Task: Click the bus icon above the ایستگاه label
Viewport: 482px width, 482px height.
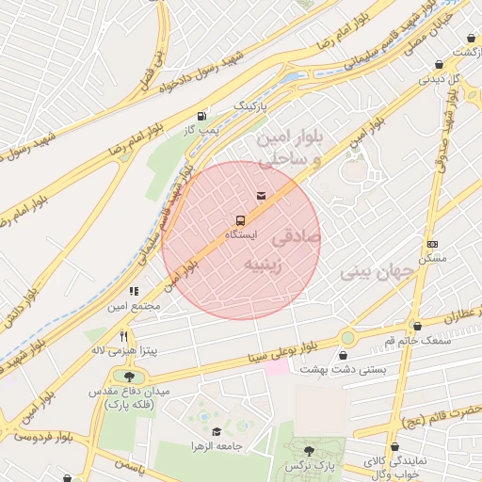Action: [238, 219]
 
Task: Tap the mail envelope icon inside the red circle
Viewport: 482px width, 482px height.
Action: [260, 196]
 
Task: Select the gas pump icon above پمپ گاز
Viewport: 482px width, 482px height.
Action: [201, 116]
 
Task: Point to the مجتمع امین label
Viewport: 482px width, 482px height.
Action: [134, 306]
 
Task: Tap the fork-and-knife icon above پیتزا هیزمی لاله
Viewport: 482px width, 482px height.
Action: [123, 336]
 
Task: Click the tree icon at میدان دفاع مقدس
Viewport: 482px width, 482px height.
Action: [129, 378]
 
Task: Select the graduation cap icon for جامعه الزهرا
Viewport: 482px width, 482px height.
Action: [217, 431]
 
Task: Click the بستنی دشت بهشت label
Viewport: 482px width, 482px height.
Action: [343, 370]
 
